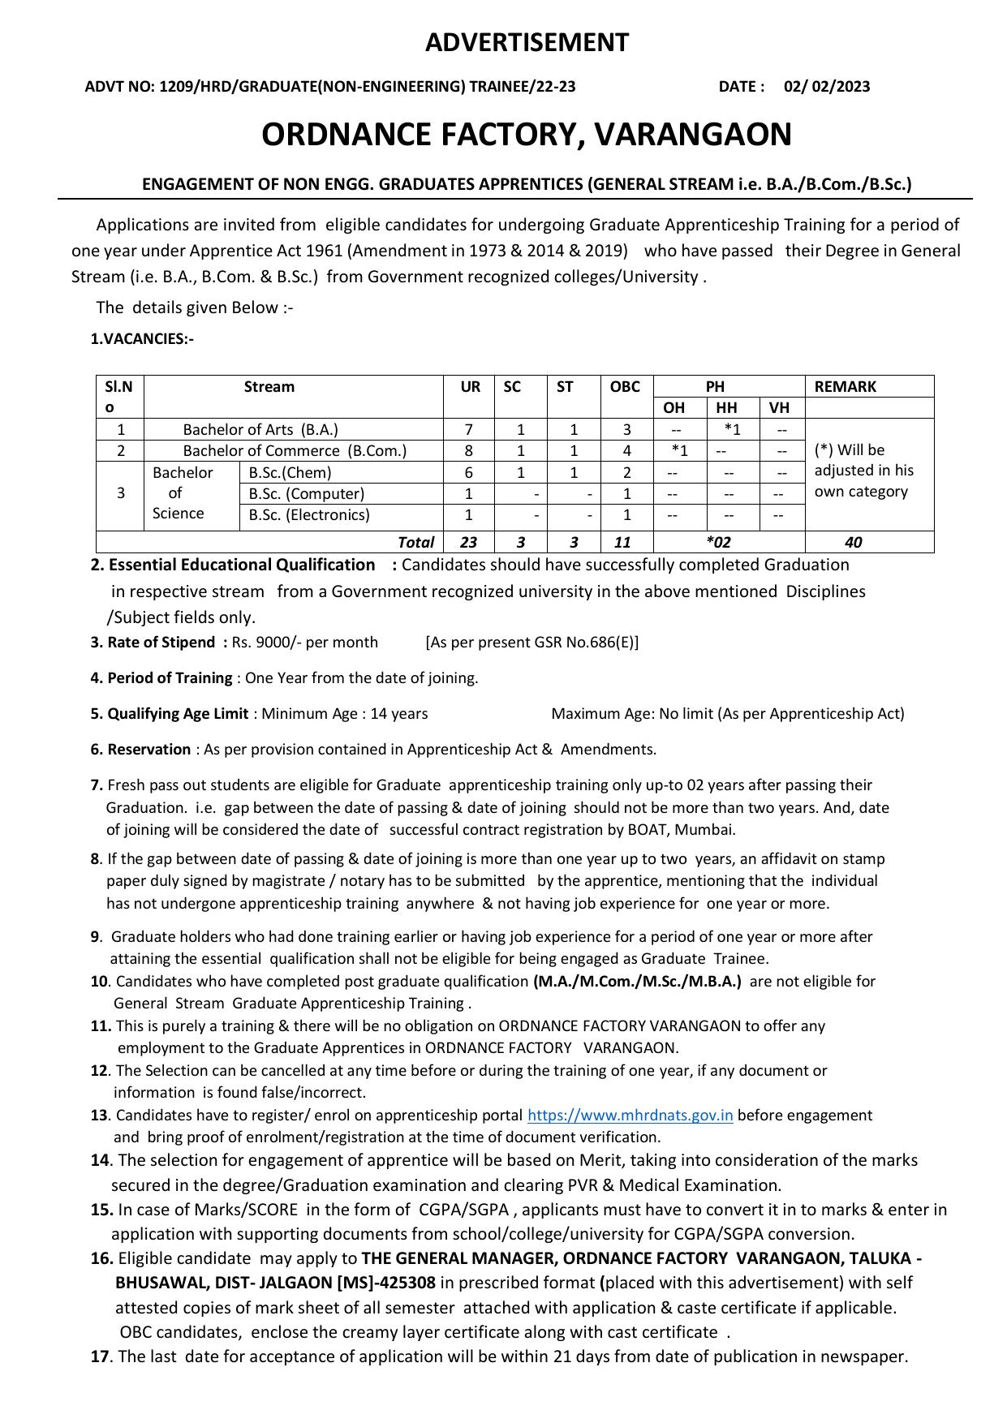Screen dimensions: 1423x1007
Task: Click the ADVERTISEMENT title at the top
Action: [x=527, y=42]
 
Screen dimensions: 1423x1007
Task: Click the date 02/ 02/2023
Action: [x=826, y=87]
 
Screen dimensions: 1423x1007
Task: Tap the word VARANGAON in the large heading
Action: [x=693, y=135]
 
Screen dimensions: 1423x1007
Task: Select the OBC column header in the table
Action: [x=625, y=387]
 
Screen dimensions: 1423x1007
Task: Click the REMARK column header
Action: [x=845, y=387]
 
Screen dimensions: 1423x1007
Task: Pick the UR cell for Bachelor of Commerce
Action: [x=469, y=451]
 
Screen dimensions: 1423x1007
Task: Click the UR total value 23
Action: [x=468, y=542]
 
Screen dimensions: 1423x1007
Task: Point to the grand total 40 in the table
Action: [x=853, y=542]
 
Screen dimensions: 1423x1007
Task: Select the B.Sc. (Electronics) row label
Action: [x=309, y=515]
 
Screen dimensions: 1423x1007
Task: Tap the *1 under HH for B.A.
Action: [x=732, y=430]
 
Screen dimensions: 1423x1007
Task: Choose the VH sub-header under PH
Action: [x=779, y=408]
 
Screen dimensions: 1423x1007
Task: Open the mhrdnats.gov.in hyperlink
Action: [x=630, y=1116]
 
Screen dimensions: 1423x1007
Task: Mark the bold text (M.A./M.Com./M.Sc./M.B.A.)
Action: [x=637, y=982]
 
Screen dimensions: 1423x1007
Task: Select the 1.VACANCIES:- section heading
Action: [x=142, y=339]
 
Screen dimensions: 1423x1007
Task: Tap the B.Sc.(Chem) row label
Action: [x=290, y=473]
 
